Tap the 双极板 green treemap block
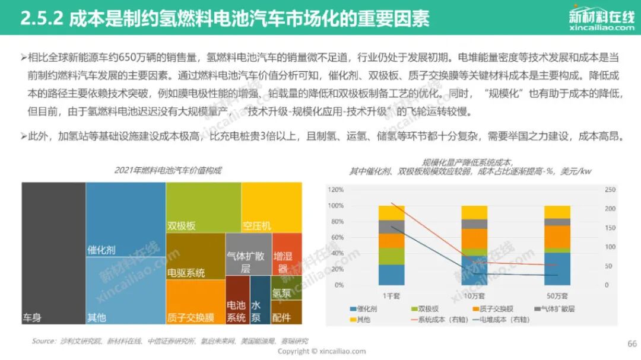click(x=203, y=208)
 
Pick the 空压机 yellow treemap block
click(x=271, y=208)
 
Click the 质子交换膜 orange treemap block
click(x=195, y=301)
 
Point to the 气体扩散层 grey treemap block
click(x=248, y=254)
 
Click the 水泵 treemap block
click(x=259, y=300)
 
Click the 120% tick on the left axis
click(x=335, y=190)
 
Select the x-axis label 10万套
click(x=474, y=295)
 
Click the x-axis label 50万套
click(x=556, y=295)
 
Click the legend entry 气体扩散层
click(x=554, y=308)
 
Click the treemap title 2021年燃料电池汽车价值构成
click(x=168, y=170)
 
